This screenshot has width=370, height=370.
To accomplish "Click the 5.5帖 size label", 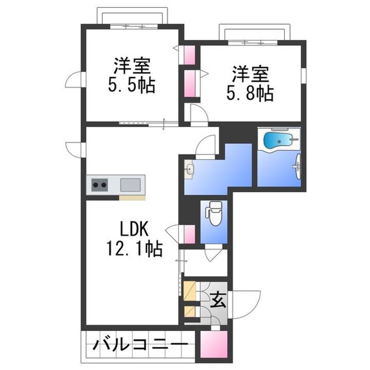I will [132, 85].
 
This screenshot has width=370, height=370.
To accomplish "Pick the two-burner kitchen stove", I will [100, 184].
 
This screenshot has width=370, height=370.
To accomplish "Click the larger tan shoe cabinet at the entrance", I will [190, 291].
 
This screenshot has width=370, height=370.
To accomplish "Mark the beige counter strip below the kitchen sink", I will [132, 197].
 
